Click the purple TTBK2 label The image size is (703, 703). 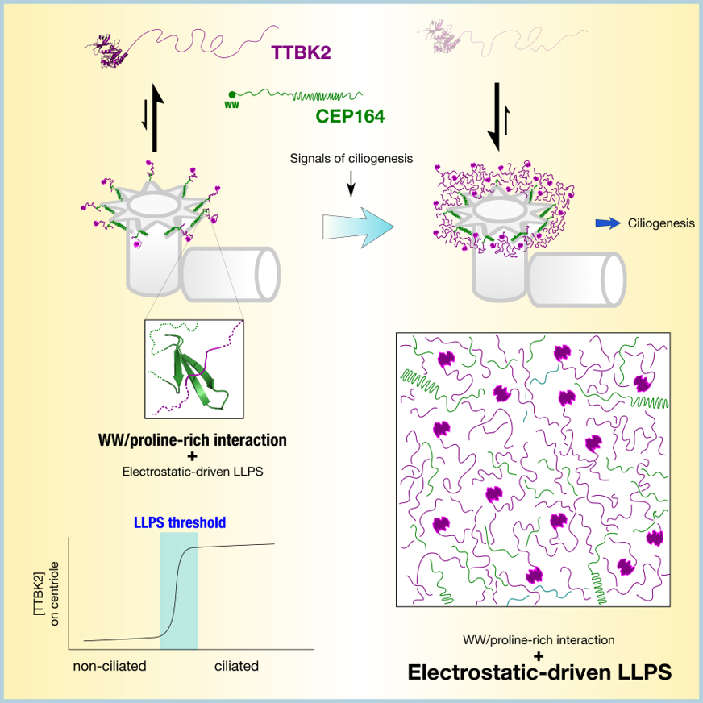(x=301, y=53)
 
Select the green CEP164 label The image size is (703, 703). (x=350, y=117)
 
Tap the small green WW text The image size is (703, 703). (x=232, y=106)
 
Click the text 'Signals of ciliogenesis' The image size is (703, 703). (x=351, y=159)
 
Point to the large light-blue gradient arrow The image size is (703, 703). (x=358, y=227)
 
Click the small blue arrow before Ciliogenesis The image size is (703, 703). (x=608, y=223)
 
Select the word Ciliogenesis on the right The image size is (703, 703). (x=661, y=223)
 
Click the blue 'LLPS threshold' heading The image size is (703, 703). (x=180, y=522)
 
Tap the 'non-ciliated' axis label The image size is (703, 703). (x=110, y=666)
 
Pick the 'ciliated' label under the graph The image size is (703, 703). (x=236, y=666)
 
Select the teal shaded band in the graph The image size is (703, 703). (x=179, y=591)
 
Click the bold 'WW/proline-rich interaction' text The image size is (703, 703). (x=193, y=440)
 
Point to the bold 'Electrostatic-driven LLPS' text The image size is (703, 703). (x=539, y=672)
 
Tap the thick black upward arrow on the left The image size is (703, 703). (x=155, y=118)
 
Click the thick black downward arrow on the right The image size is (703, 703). (x=497, y=117)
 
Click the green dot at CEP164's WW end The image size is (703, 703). (x=232, y=94)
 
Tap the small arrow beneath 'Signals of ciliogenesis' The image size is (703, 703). (x=351, y=184)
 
